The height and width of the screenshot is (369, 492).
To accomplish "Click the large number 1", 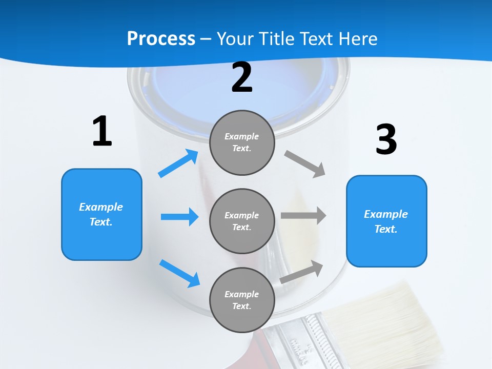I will [x=102, y=131].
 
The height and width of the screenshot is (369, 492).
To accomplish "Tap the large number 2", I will [x=242, y=77].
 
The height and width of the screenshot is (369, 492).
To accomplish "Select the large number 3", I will [x=386, y=139].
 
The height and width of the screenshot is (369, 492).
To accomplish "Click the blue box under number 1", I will [x=101, y=214].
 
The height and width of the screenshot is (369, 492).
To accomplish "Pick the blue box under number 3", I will [x=386, y=221].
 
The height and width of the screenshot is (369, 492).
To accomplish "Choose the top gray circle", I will [x=242, y=142].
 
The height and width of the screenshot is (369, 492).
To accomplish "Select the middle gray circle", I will [x=242, y=221].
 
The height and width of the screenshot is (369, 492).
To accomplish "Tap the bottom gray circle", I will [x=242, y=300].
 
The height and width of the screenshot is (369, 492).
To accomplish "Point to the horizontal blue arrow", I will [x=179, y=217].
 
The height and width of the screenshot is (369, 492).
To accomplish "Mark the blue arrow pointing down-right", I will [x=179, y=273].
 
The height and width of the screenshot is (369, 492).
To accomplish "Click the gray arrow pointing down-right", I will [x=305, y=163].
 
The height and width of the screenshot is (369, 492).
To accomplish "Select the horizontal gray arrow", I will [x=303, y=215].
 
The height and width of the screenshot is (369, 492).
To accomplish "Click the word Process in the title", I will [x=161, y=38].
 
